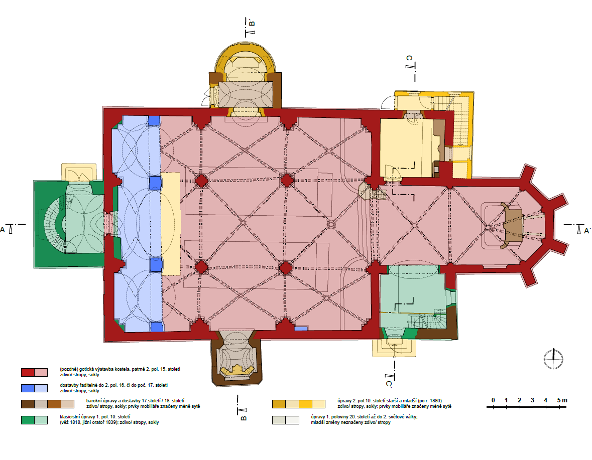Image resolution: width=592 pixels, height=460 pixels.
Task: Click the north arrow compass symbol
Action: coord(553,359)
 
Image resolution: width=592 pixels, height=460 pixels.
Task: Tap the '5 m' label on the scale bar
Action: coord(562,400)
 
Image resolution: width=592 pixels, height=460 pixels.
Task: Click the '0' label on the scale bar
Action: coord(493,400)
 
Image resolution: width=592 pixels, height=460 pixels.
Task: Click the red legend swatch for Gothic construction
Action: coord(34,373)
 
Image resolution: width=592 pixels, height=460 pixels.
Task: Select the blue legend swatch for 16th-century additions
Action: coord(34,388)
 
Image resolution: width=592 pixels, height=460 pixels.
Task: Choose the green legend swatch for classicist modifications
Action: coord(34,420)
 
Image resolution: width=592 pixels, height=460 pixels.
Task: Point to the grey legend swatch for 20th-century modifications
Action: coord(285,420)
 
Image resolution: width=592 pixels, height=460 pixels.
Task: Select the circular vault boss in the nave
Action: coord(331,225)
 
